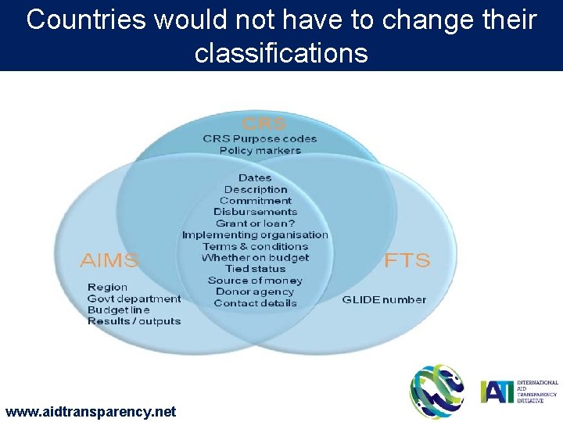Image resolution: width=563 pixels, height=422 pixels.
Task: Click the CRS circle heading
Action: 264,123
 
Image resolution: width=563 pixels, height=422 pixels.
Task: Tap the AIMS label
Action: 109,259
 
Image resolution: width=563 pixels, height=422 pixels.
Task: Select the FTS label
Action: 407,259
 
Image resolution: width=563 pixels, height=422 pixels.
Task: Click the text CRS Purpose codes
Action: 260,139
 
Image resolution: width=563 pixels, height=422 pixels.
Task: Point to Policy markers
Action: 260,150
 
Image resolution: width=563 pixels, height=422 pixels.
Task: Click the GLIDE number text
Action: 384,299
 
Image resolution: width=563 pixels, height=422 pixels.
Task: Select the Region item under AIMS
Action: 108,288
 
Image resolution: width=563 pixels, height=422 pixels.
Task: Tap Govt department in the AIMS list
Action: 134,299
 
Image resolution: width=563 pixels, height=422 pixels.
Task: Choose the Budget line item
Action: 118,309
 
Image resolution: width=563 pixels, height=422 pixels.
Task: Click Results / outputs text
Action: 134,320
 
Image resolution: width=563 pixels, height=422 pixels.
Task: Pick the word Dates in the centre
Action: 255,178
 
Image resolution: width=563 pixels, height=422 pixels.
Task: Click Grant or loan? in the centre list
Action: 255,224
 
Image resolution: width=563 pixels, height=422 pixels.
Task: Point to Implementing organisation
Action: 255,234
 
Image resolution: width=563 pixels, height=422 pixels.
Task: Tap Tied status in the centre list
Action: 255,269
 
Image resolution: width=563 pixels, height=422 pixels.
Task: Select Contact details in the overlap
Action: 255,303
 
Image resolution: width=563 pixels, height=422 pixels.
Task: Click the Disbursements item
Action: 255,212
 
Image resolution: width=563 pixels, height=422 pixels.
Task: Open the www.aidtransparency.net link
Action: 91,411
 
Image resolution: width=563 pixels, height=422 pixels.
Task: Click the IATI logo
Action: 519,391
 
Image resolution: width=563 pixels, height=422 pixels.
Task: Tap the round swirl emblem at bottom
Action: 437,391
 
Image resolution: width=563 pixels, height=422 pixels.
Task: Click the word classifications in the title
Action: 281,53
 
